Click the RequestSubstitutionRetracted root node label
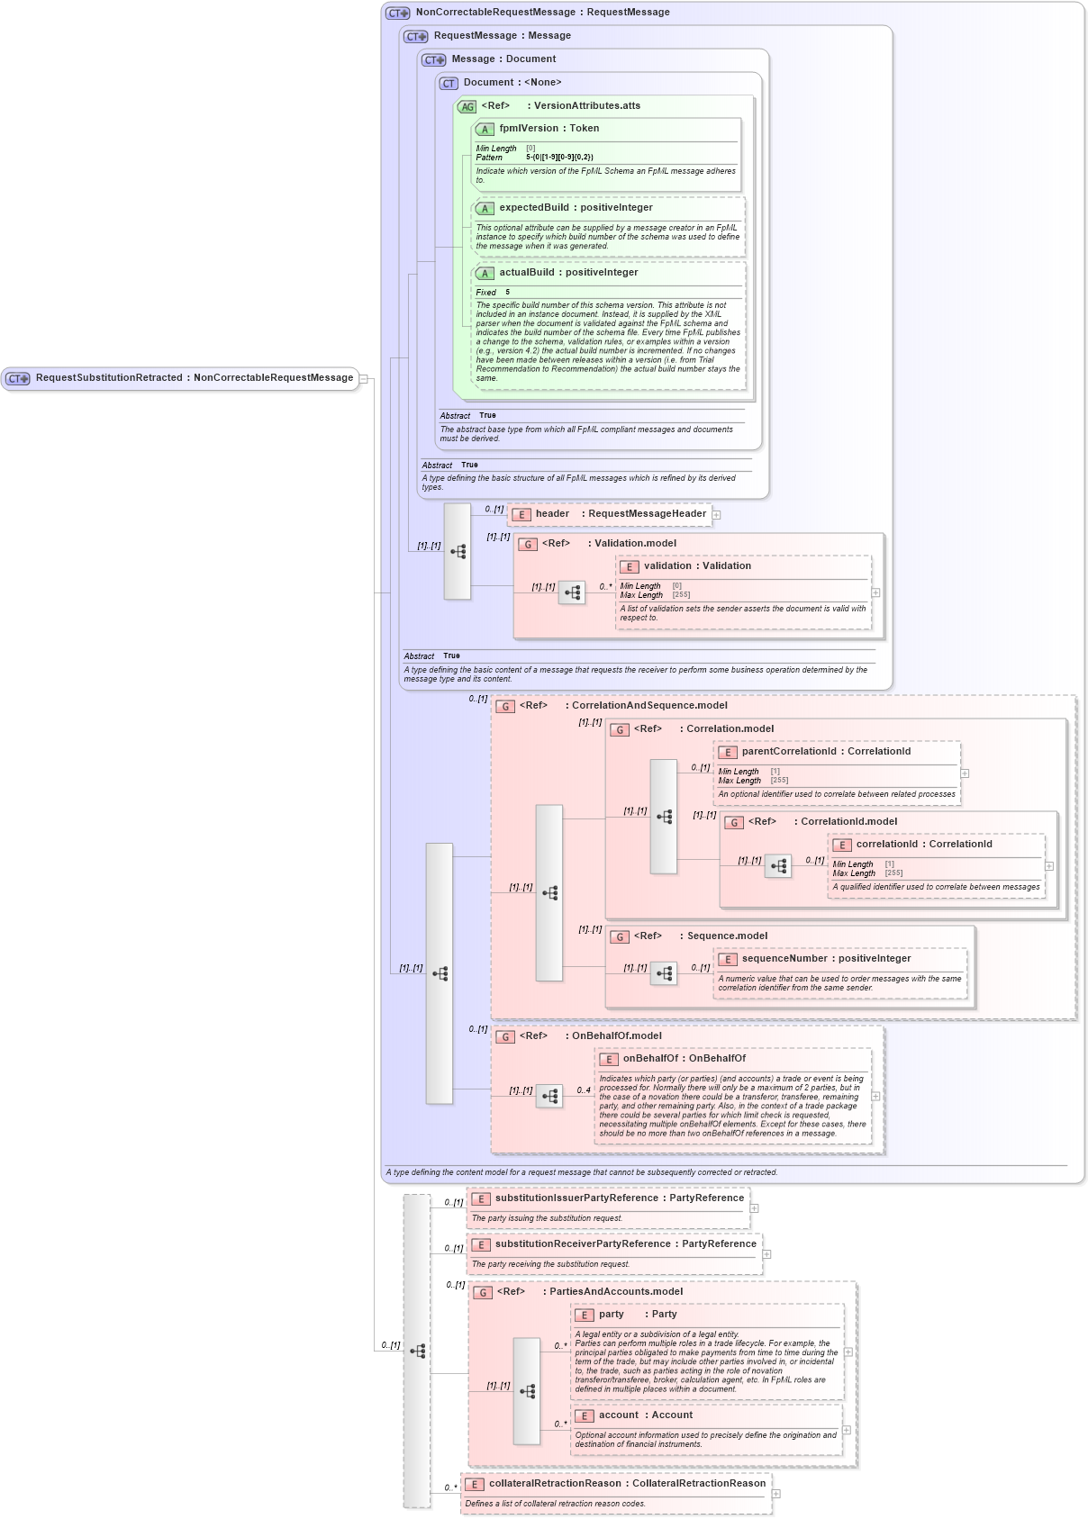pos(194,378)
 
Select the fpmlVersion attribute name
pos(549,129)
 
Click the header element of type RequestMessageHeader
pos(620,514)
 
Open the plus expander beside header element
pos(717,515)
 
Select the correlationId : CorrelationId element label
pos(923,845)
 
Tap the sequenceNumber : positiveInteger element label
pos(825,959)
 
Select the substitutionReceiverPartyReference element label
pos(625,1244)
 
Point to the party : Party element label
pos(637,1315)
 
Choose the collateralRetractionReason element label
pos(627,1484)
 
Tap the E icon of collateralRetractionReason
pos(474,1485)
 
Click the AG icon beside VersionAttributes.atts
pos(467,106)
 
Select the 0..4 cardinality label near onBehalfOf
pos(584,1090)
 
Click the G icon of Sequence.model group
pos(620,937)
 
